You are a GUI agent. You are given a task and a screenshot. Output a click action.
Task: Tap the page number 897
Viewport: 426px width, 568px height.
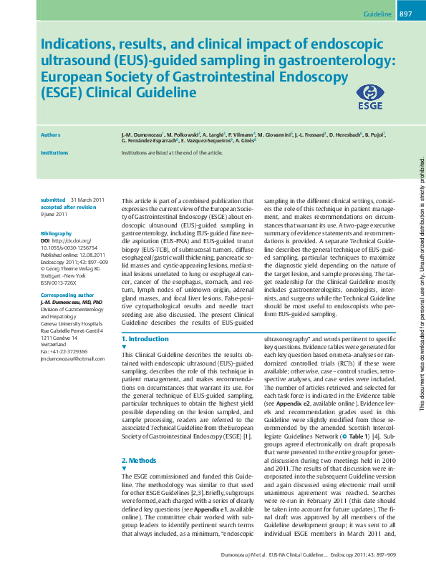coord(405,14)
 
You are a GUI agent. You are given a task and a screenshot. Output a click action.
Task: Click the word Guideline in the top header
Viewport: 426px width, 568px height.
coord(377,14)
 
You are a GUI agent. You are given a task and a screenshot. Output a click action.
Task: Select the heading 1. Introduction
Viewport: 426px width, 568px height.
coord(145,338)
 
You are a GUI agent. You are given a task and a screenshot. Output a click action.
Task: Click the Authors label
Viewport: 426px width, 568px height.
coord(50,134)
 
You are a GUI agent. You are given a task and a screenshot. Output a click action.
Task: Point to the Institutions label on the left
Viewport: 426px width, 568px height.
coord(54,152)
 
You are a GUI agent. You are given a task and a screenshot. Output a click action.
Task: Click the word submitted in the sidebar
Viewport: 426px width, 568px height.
coord(53,199)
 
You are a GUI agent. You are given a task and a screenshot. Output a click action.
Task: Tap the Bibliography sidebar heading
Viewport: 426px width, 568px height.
coord(57,233)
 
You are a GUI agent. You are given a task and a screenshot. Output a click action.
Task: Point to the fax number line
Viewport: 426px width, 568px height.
coord(64,351)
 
